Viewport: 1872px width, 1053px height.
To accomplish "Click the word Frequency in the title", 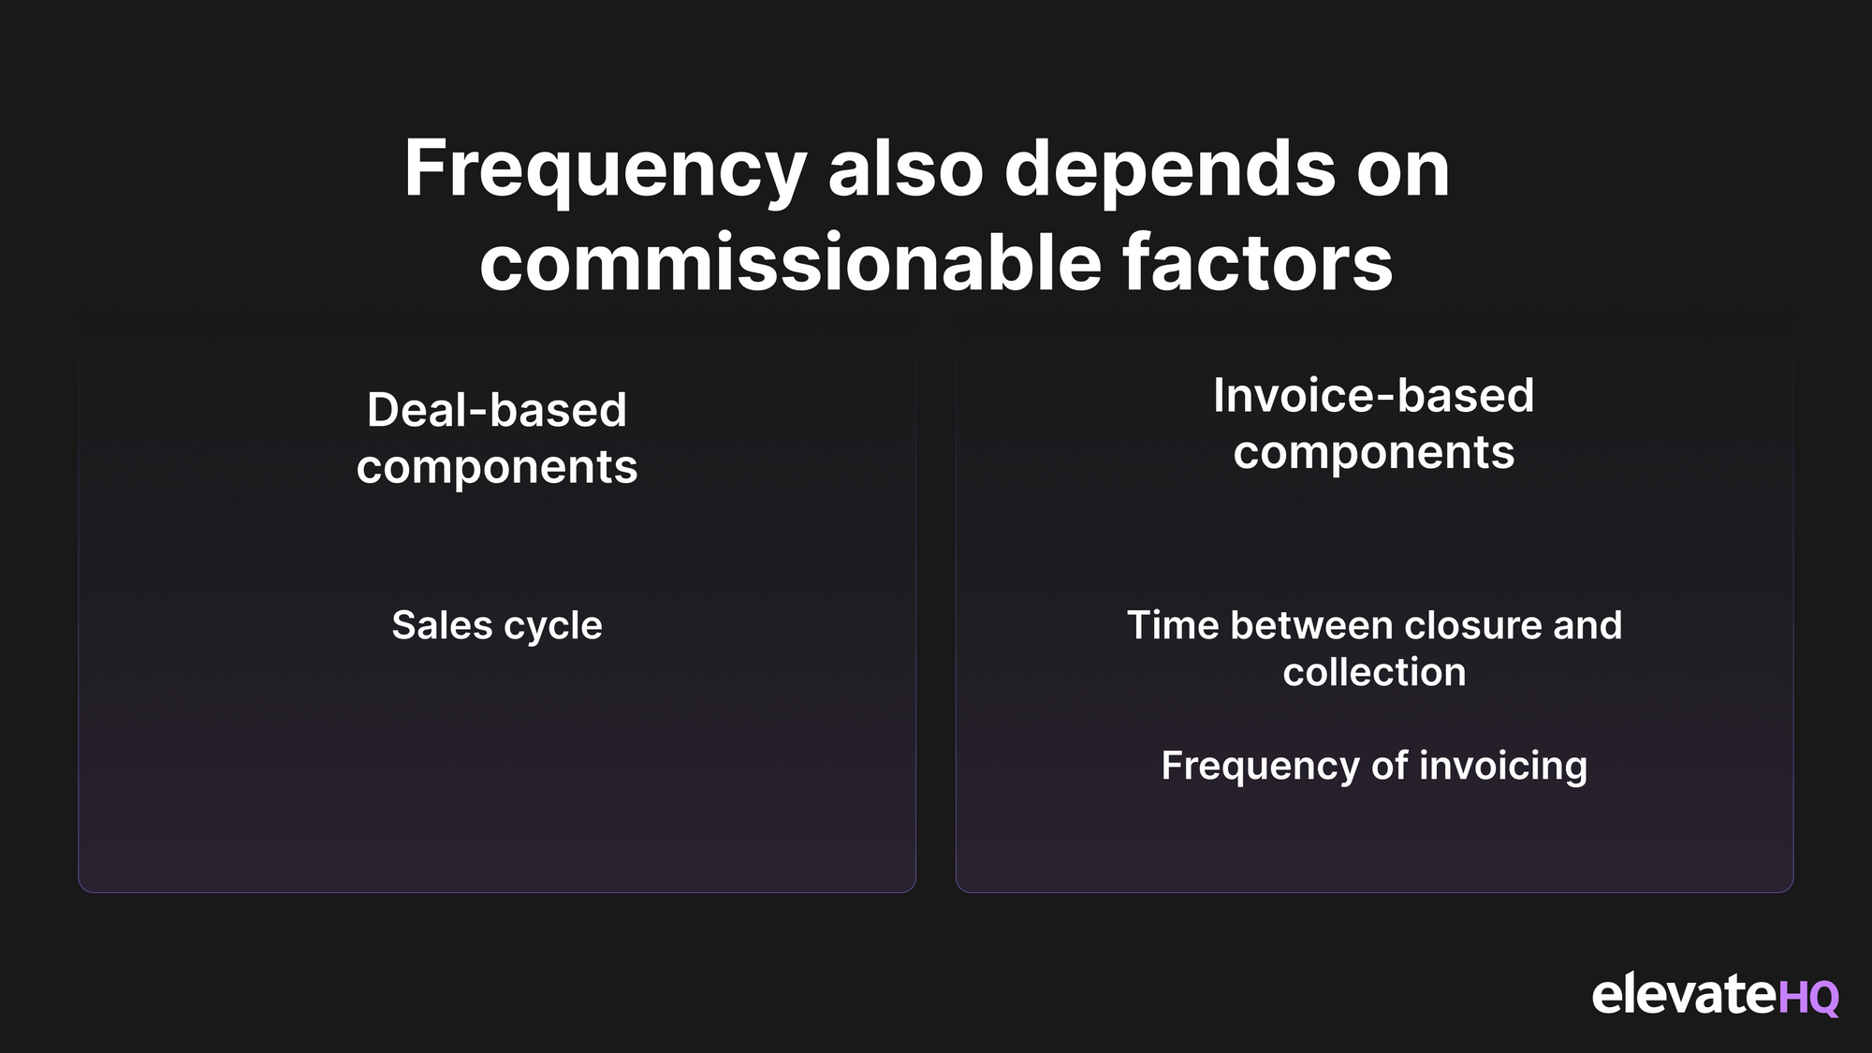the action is tap(606, 170).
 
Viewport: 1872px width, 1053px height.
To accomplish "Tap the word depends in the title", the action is tap(1170, 170).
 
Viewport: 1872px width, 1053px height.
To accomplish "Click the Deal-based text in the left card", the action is tap(497, 410).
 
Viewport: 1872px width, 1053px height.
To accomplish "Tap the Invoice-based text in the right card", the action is tap(1374, 395).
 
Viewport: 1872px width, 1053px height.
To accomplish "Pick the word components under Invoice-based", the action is tap(1374, 454).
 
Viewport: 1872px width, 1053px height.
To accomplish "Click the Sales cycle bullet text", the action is tap(497, 626).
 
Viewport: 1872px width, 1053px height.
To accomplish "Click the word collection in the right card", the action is tap(1374, 672).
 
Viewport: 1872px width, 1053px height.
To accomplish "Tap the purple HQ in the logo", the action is tap(1808, 999).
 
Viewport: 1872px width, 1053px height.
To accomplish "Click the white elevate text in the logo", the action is tap(1684, 993).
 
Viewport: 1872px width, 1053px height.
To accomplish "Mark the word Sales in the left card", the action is tap(442, 625).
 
